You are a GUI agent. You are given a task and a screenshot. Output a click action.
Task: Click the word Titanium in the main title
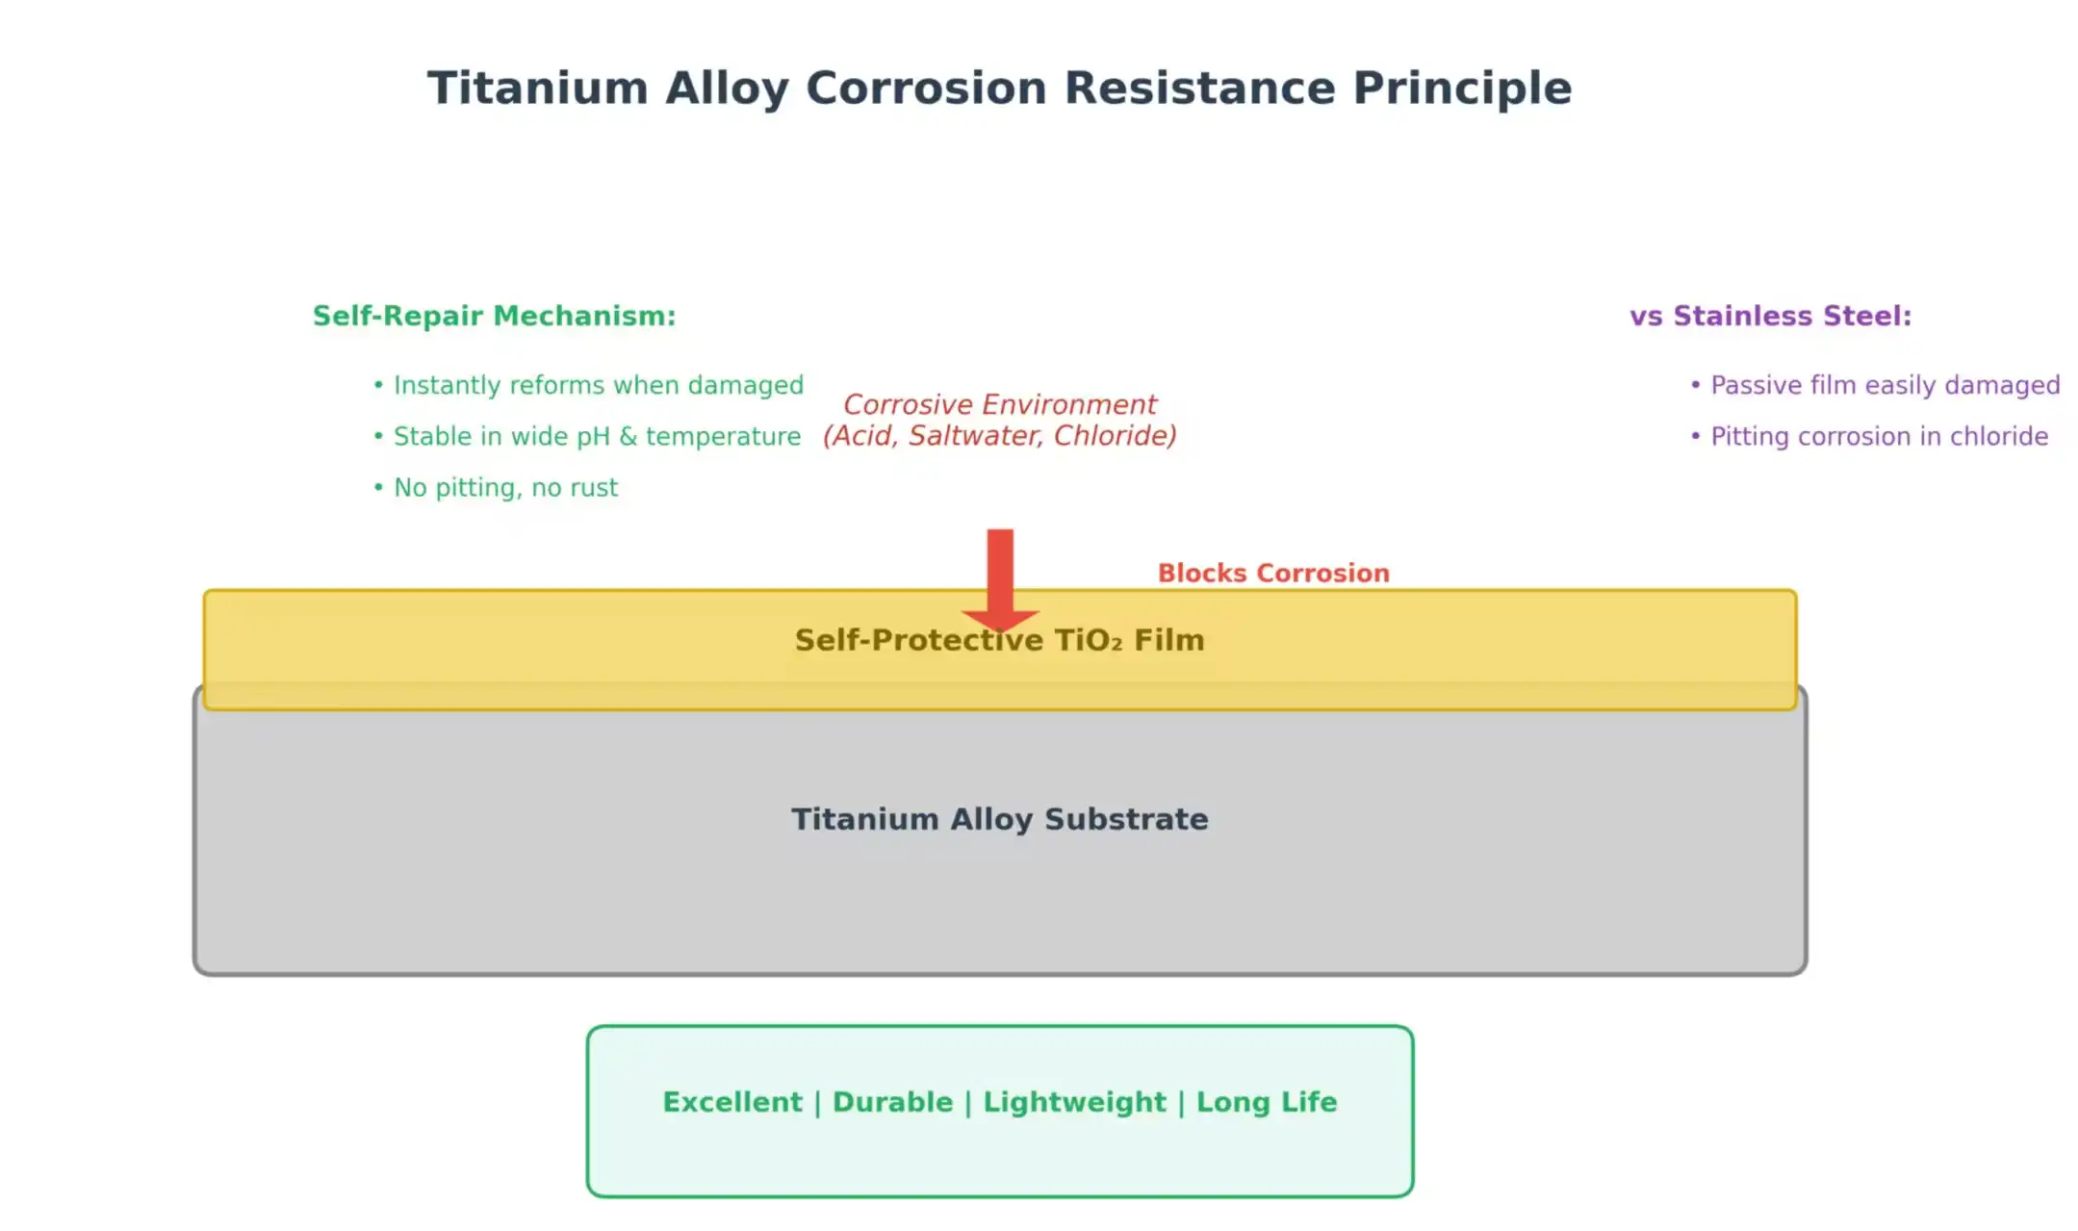[537, 89]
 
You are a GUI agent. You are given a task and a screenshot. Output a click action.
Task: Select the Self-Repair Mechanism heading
[494, 316]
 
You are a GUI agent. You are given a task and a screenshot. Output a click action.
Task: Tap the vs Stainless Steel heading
[1769, 316]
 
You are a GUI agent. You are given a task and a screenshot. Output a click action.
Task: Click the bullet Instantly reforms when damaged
[597, 385]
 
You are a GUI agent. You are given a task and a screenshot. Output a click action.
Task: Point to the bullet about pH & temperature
[596, 436]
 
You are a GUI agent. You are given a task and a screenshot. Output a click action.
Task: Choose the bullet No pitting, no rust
[504, 487]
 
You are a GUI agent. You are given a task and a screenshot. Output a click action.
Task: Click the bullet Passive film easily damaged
[1884, 385]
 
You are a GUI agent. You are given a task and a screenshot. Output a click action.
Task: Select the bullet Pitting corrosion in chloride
[1878, 436]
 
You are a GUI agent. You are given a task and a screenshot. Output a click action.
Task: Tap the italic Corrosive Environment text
[999, 404]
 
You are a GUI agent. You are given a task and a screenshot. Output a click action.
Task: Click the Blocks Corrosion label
[1272, 573]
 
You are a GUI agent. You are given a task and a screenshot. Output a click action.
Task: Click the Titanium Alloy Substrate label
[999, 819]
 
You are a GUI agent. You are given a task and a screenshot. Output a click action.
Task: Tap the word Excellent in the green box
[731, 1102]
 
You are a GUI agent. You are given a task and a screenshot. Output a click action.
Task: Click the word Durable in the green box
[892, 1102]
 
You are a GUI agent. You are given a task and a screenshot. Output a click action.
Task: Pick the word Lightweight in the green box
[1074, 1102]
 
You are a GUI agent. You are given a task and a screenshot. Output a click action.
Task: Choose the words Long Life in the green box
[1266, 1102]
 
